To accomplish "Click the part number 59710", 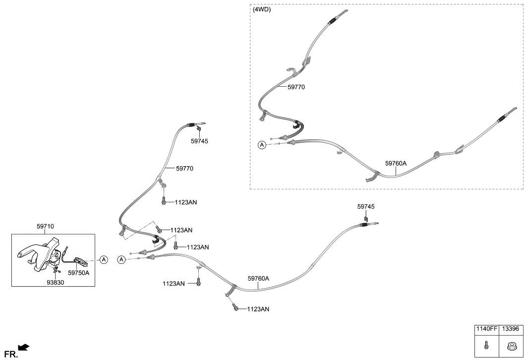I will click(45, 226).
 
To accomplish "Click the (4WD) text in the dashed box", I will click(262, 9).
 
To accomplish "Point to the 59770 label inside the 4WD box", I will click(296, 87).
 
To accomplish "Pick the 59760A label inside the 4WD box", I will click(396, 163).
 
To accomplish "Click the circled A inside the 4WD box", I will click(262, 145).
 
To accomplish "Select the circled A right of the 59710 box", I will click(104, 259).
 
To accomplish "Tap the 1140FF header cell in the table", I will click(486, 329).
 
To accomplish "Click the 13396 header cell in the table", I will click(511, 329).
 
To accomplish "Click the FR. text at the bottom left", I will click(9, 354).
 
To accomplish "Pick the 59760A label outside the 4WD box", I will click(258, 279).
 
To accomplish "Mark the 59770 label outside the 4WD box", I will click(184, 169).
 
